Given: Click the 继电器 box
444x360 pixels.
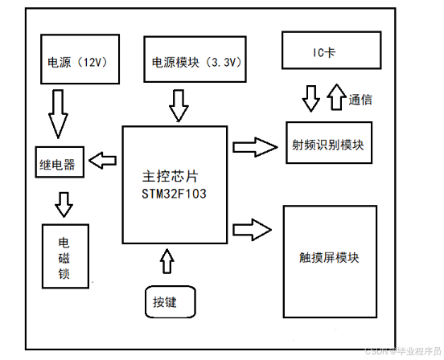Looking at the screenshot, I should pos(57,164).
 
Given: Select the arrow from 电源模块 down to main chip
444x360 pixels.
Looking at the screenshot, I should pos(179,104).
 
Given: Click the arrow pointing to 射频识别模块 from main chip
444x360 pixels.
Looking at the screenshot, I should pos(253,146).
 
